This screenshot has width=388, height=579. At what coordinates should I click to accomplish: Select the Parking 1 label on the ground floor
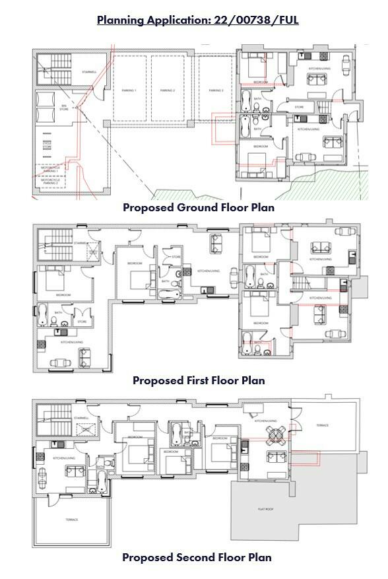click(x=128, y=90)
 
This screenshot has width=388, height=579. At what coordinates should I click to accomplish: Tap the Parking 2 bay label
click(x=170, y=90)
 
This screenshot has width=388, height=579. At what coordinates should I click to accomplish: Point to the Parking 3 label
click(x=216, y=90)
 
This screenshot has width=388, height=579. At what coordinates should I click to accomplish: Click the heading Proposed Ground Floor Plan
click(x=198, y=207)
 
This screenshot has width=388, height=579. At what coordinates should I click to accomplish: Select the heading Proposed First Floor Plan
click(x=198, y=380)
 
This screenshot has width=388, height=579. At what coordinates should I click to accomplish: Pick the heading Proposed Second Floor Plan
click(x=197, y=557)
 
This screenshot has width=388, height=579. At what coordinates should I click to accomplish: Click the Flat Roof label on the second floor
click(x=265, y=509)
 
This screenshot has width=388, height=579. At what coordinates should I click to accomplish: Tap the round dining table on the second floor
click(x=272, y=434)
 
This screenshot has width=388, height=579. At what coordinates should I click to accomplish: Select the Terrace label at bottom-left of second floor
click(x=71, y=520)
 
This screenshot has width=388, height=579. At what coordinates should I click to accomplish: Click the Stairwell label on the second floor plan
click(x=81, y=418)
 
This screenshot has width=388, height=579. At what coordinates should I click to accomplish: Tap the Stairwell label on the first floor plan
click(x=81, y=243)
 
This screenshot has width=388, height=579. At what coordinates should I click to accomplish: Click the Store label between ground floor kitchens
click(x=298, y=106)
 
